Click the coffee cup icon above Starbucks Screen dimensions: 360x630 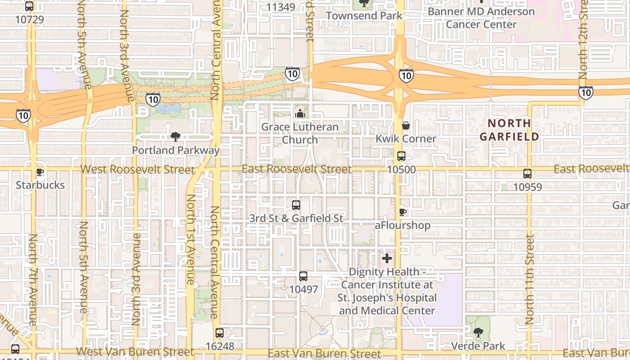point(40,172)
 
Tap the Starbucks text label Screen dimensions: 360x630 point(40,185)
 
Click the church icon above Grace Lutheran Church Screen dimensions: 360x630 point(300,113)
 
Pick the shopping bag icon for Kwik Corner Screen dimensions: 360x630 point(406,126)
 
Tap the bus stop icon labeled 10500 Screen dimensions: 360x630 point(401,156)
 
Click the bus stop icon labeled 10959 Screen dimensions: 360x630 point(527,173)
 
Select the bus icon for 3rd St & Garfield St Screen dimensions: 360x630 point(296,205)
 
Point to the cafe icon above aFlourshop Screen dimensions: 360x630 point(403,211)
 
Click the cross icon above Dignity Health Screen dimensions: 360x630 point(387,258)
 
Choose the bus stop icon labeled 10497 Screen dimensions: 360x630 point(303,276)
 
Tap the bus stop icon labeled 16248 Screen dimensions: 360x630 point(220,333)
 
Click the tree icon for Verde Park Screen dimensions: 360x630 point(478,333)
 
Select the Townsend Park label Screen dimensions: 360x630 point(364,16)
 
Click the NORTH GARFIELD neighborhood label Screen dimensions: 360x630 point(509,130)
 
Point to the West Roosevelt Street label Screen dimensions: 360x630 point(138,170)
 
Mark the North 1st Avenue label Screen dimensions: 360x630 point(190,239)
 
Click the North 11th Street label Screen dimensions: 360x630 point(530,279)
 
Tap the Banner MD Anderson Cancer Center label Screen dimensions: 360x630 point(481,18)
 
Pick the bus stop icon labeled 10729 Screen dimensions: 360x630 point(29,6)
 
